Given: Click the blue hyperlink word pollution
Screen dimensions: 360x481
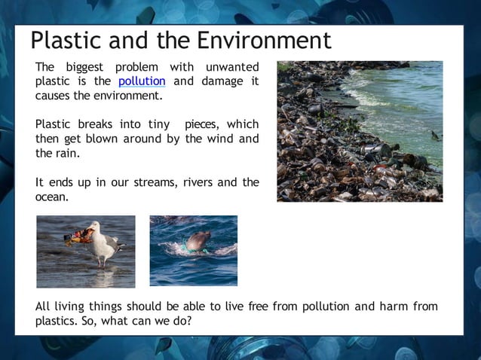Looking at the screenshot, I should pyautogui.click(x=142, y=81).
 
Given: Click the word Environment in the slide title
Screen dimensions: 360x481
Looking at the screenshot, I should pyautogui.click(x=264, y=41).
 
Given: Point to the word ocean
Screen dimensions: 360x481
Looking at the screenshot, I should pyautogui.click(x=51, y=197).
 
